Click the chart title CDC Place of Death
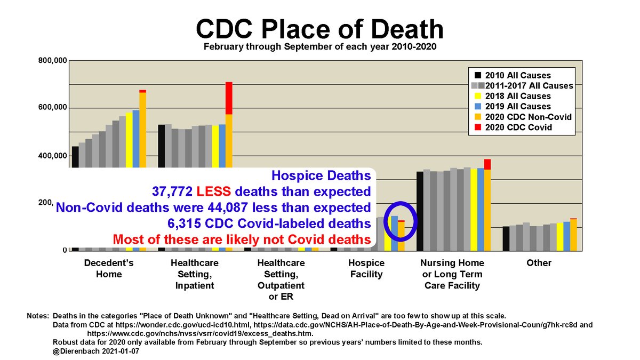pyautogui.click(x=319, y=28)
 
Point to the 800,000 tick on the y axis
pyautogui.click(x=52, y=61)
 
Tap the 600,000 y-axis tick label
pyautogui.click(x=52, y=108)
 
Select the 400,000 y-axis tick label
pyautogui.click(x=52, y=156)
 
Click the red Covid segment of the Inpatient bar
pyautogui.click(x=228, y=98)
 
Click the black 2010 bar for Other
pyautogui.click(x=506, y=238)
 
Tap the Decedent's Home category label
pyautogui.click(x=109, y=269)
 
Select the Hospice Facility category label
pyautogui.click(x=366, y=269)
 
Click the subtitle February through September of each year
pyautogui.click(x=319, y=46)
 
